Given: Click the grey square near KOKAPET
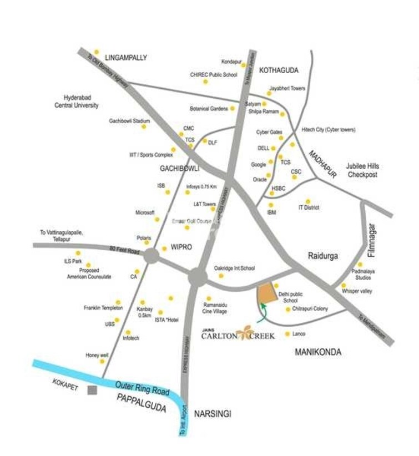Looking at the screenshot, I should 93,390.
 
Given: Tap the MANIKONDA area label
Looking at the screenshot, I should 318,352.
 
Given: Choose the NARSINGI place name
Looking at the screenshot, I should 212,414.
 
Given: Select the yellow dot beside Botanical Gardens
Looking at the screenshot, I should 233,108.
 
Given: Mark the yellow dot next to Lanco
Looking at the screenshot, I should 287,334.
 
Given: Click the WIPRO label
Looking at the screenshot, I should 181,247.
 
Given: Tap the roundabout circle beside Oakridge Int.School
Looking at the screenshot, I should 197,277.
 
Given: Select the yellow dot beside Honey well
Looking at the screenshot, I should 102,361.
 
